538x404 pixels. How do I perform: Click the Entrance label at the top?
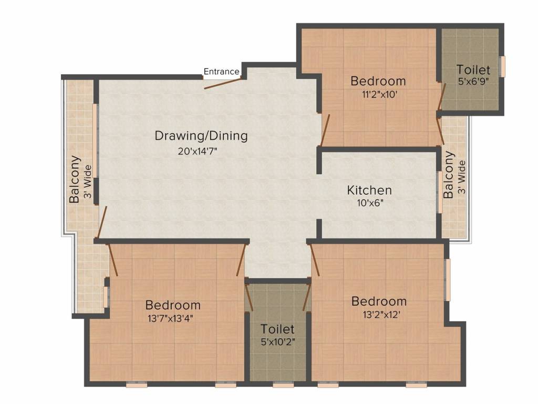pos(221,72)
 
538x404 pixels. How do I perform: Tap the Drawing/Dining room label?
pos(201,136)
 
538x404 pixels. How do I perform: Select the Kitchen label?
pos(369,190)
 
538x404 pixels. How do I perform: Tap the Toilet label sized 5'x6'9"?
pos(473,69)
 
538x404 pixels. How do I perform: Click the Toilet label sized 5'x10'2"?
pos(277,329)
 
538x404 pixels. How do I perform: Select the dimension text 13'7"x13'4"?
pos(172,318)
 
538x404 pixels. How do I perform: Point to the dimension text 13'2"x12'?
pos(379,315)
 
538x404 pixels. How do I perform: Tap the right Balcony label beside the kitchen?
pos(449,175)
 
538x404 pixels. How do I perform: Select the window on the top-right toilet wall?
pos(502,66)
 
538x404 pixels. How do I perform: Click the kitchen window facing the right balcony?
pos(440,191)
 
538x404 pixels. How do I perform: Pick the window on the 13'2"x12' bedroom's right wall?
pos(448,280)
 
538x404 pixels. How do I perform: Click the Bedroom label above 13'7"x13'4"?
pos(173,305)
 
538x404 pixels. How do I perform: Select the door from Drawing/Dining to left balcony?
pos(102,222)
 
